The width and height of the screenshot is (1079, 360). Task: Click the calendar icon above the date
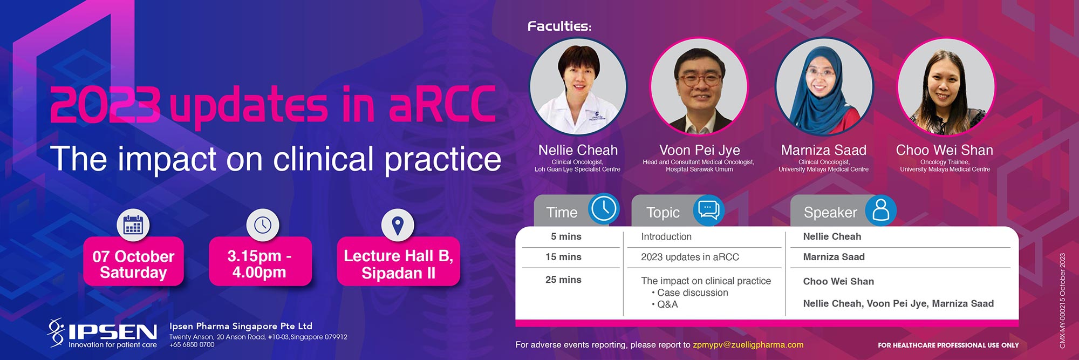coord(133,225)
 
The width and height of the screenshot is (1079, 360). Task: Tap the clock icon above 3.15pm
coord(263,225)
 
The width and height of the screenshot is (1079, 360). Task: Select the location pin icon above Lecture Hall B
coord(398,225)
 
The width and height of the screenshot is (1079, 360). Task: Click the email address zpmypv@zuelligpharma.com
coord(748,344)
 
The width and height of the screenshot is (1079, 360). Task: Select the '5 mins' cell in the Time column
coord(566,236)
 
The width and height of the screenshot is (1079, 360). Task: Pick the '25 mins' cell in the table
coord(563,280)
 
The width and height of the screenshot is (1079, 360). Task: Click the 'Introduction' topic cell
coord(666,236)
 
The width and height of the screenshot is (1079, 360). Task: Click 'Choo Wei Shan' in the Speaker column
coord(838,281)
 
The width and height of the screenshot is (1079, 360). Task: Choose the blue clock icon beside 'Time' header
coord(603,209)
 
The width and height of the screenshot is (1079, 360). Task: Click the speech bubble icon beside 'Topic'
coord(708,210)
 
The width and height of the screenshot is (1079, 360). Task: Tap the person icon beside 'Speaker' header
coord(881,210)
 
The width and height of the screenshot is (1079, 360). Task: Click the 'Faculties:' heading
coord(559,26)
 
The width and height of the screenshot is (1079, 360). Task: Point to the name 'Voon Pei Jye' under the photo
coord(699,150)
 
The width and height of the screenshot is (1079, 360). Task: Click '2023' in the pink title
coord(105,104)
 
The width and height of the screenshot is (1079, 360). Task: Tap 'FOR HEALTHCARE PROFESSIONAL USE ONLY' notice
coord(948,345)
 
